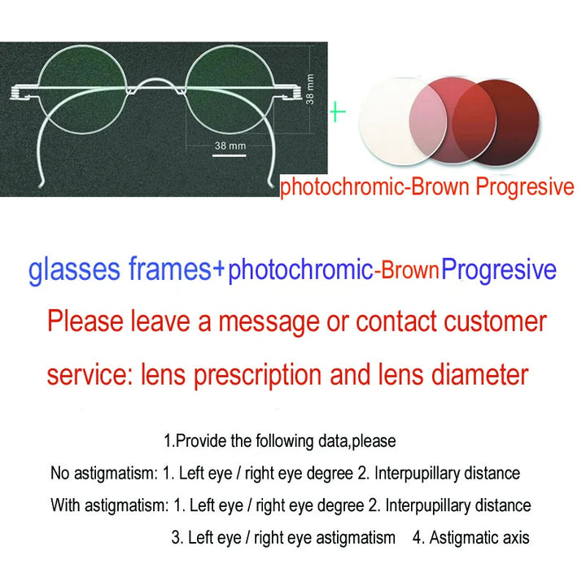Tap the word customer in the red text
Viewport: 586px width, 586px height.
coord(495,321)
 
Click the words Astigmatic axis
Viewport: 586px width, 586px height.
coord(479,538)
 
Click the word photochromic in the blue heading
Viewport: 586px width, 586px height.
coord(299,270)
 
